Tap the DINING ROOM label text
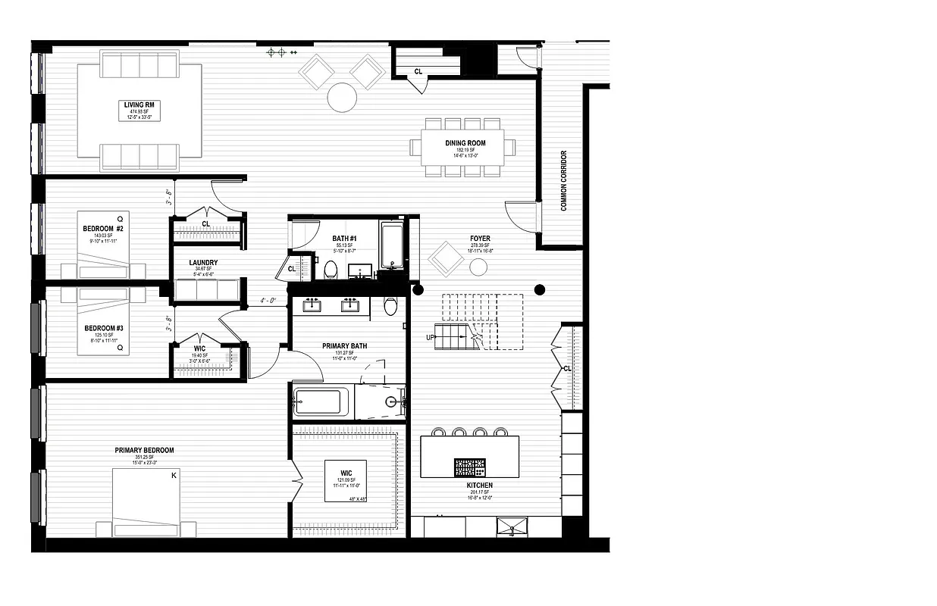pos(465,143)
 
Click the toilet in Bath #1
pos(331,270)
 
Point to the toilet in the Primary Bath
pos(390,306)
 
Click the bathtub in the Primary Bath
pos(321,401)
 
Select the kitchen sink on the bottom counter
pos(512,526)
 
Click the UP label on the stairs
pos(430,337)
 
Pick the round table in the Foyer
pos(478,267)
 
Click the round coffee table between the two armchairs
pos(341,96)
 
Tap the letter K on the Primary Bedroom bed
pos(174,476)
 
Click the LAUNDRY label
pos(203,263)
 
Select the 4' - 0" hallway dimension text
pos(269,300)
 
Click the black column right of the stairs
pos(540,289)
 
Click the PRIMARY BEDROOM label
pos(144,451)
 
